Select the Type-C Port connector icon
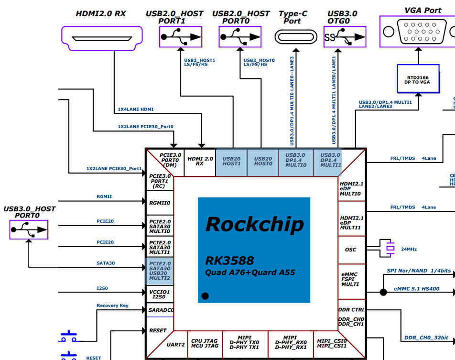click(296, 37)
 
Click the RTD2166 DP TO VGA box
click(418, 79)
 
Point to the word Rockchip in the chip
click(254, 224)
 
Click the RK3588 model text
click(229, 261)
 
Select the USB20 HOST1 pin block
click(232, 161)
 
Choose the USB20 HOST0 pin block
click(263, 161)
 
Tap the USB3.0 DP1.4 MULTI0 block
click(295, 160)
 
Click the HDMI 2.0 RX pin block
click(200, 161)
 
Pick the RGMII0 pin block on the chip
click(160, 203)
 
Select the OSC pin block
click(350, 250)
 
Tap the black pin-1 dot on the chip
click(205, 296)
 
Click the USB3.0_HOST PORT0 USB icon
click(29, 229)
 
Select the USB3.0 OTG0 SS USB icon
click(345, 37)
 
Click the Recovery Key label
click(112, 305)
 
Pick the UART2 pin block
click(176, 344)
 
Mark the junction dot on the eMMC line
click(383, 292)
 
